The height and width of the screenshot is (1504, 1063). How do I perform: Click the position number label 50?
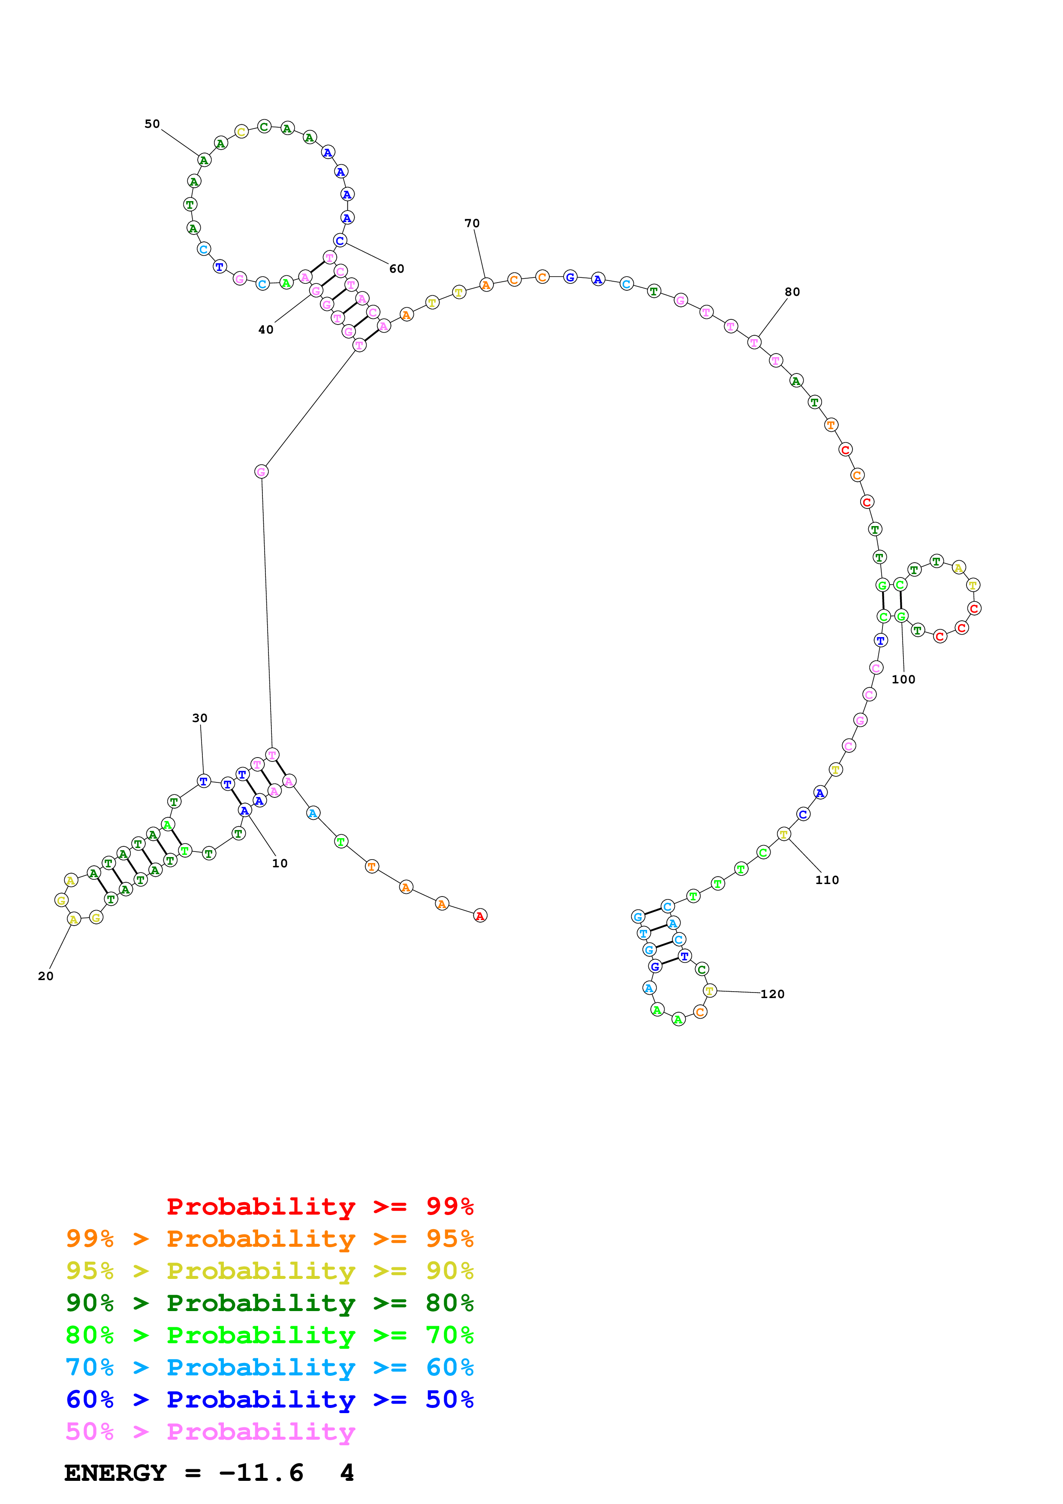(x=152, y=124)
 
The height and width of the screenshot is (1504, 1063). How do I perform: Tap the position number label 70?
(x=472, y=223)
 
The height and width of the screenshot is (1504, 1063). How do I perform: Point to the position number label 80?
(x=792, y=292)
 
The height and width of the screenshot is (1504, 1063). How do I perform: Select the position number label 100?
(x=903, y=679)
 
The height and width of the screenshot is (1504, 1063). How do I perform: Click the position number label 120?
(x=772, y=994)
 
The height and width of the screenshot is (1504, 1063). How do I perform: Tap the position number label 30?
(x=200, y=718)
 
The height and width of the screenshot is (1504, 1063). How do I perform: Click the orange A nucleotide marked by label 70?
(x=486, y=285)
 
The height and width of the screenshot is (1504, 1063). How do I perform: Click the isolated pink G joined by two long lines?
(x=261, y=472)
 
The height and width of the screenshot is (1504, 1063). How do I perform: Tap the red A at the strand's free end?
(x=480, y=916)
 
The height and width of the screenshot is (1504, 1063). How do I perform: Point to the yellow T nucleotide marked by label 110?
(x=783, y=834)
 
